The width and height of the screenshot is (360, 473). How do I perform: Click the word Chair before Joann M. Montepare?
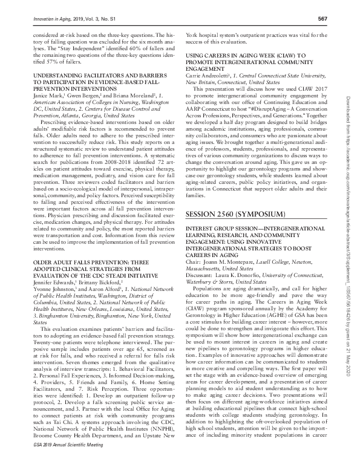[x=192, y=252]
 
